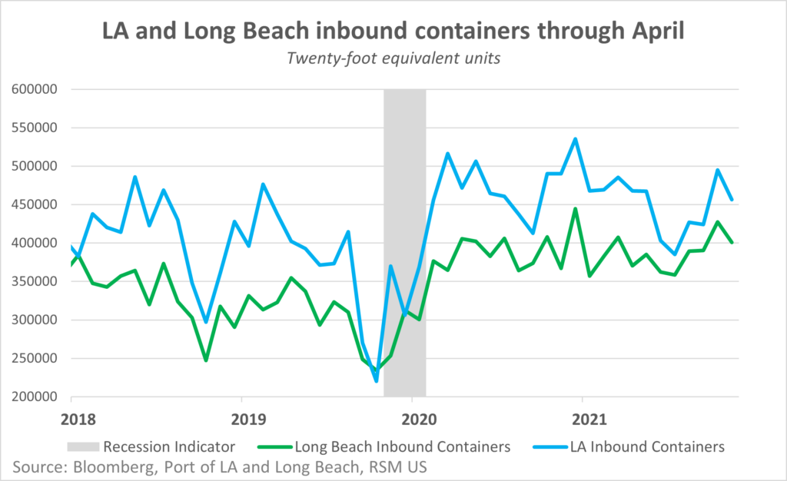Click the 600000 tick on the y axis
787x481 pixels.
click(x=35, y=89)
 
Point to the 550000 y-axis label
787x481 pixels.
click(x=35, y=128)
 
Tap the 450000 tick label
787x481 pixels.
click(x=35, y=204)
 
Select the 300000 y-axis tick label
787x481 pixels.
click(x=35, y=320)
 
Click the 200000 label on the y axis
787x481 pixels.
click(x=35, y=396)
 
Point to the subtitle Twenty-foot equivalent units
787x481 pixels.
click(x=393, y=59)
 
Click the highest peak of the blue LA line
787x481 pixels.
click(x=576, y=139)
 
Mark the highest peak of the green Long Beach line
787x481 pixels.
click(x=576, y=209)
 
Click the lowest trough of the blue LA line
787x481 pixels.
click(x=377, y=380)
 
